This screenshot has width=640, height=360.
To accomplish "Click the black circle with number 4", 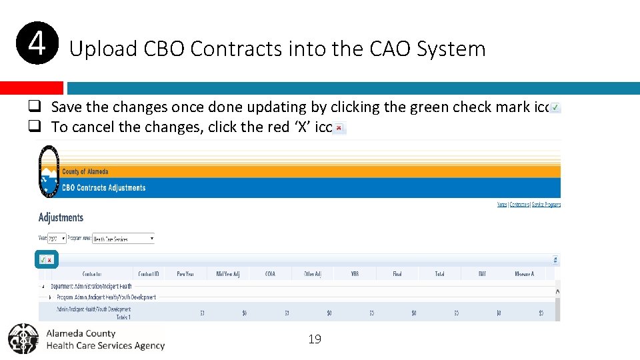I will (x=38, y=44).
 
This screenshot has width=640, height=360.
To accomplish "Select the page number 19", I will (x=315, y=339).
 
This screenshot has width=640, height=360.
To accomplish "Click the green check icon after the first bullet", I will (x=555, y=107).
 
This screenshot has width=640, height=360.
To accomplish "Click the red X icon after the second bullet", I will (x=339, y=127).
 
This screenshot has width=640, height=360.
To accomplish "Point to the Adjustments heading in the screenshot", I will (x=61, y=217).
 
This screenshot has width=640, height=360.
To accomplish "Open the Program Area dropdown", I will (x=123, y=238).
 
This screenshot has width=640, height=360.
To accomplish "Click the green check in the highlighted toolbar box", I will (x=43, y=259).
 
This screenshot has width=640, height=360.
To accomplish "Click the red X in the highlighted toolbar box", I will (x=50, y=259).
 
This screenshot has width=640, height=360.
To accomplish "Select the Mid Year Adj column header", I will (x=227, y=274).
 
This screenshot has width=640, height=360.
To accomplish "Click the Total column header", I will (x=439, y=274).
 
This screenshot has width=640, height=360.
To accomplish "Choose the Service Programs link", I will (x=546, y=205).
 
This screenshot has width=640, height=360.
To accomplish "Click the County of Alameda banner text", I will (x=85, y=171).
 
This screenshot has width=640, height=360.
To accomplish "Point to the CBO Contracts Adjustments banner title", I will (x=103, y=188).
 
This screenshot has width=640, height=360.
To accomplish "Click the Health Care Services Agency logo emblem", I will (x=23, y=339).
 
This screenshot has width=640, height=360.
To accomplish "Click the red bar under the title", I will (x=31, y=88).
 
